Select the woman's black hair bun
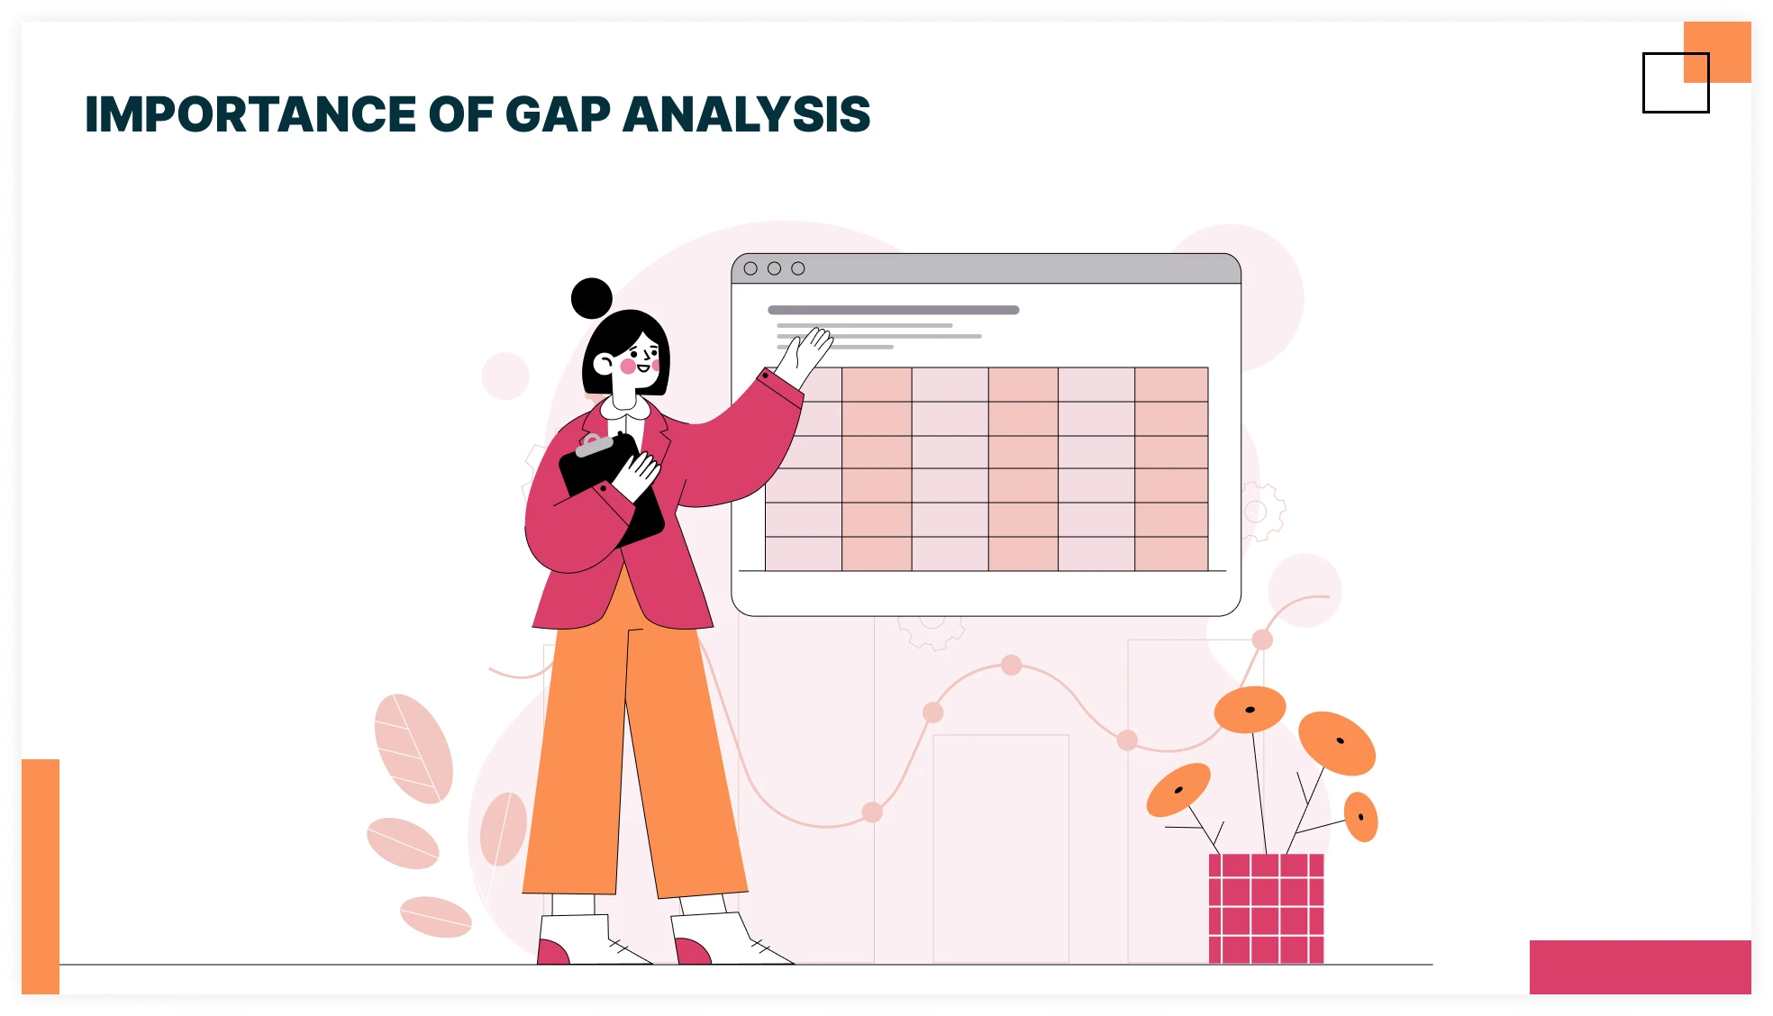click(592, 298)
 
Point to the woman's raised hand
click(808, 352)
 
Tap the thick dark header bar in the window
click(893, 310)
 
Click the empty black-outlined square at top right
click(1675, 83)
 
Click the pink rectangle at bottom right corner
click(1640, 966)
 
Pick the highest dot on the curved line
click(1262, 640)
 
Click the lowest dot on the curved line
click(872, 812)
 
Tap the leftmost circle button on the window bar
click(750, 268)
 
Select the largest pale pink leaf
click(414, 748)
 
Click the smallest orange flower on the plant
click(1361, 817)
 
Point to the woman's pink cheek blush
click(628, 367)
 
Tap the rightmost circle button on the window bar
click(798, 268)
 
